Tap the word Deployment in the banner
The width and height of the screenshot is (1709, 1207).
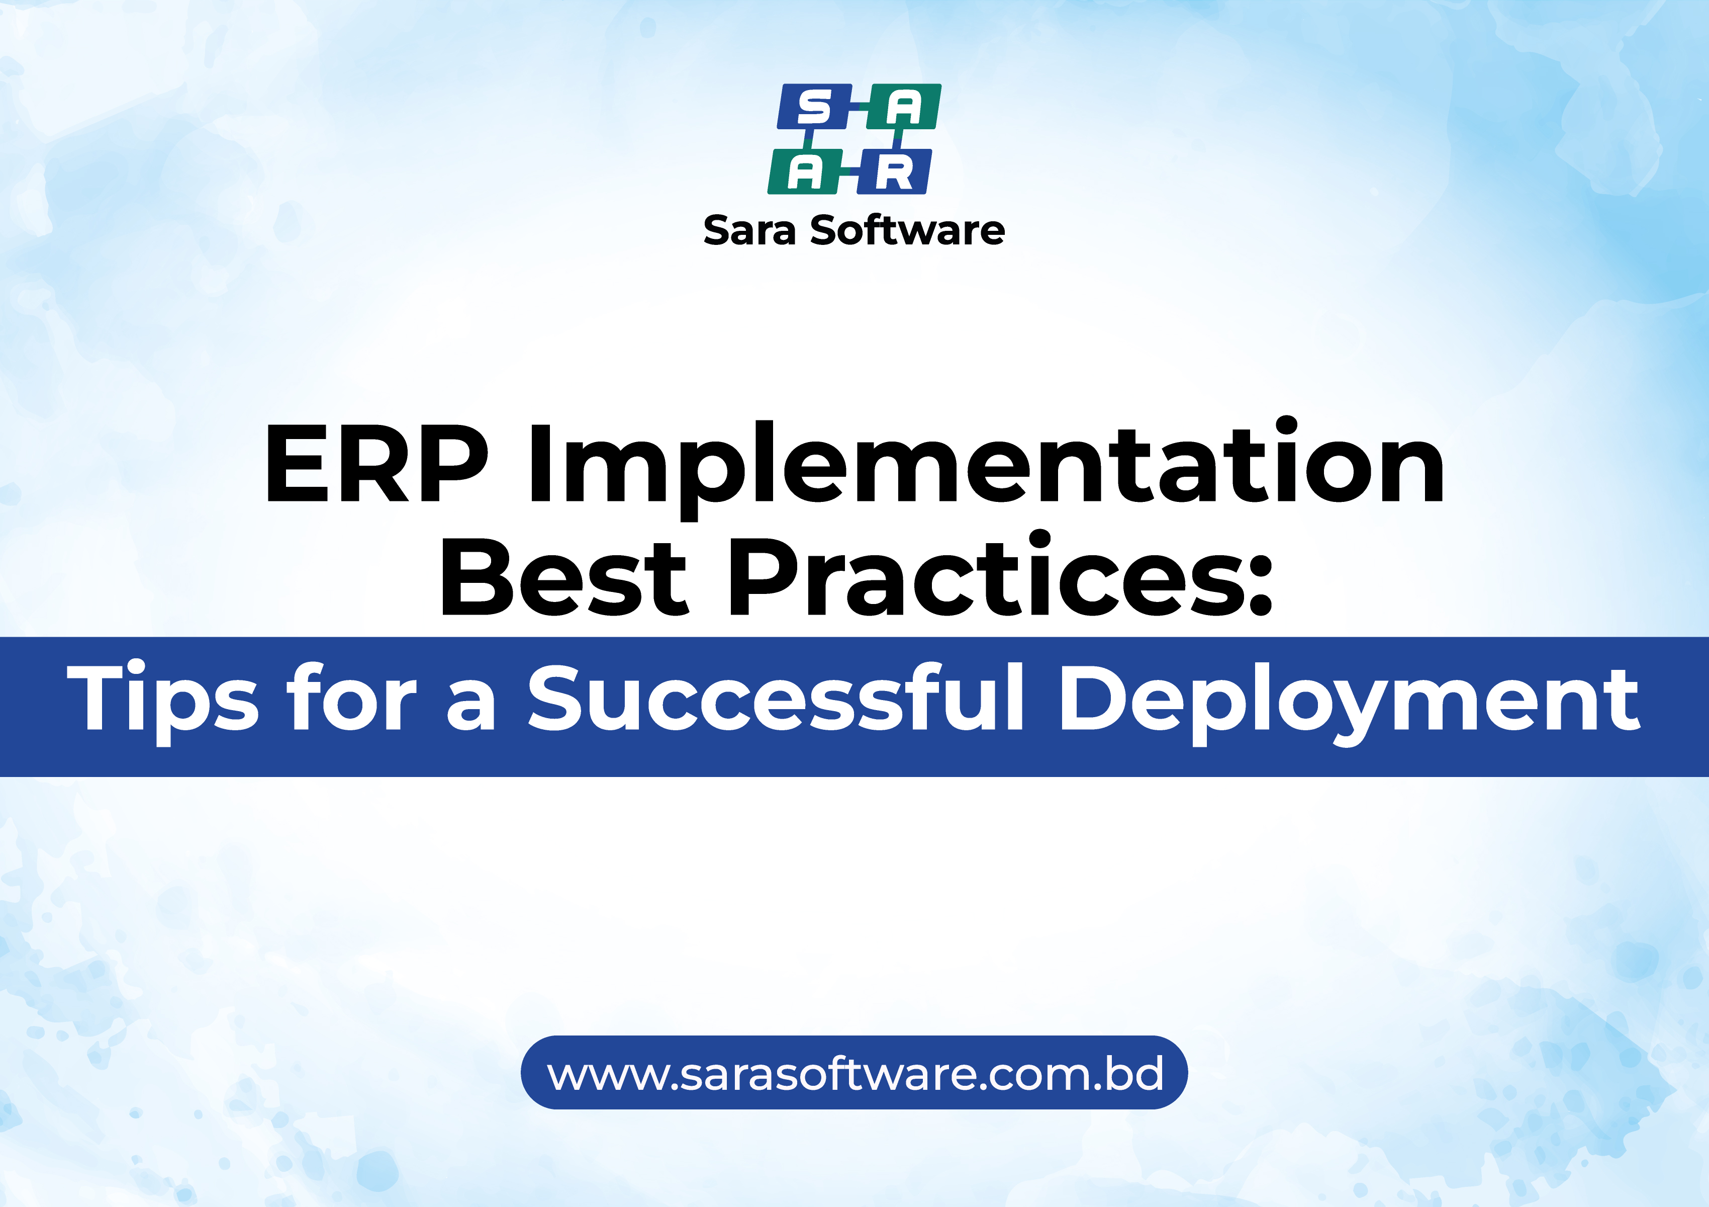(1348, 703)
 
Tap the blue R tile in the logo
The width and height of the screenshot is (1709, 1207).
(893, 172)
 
